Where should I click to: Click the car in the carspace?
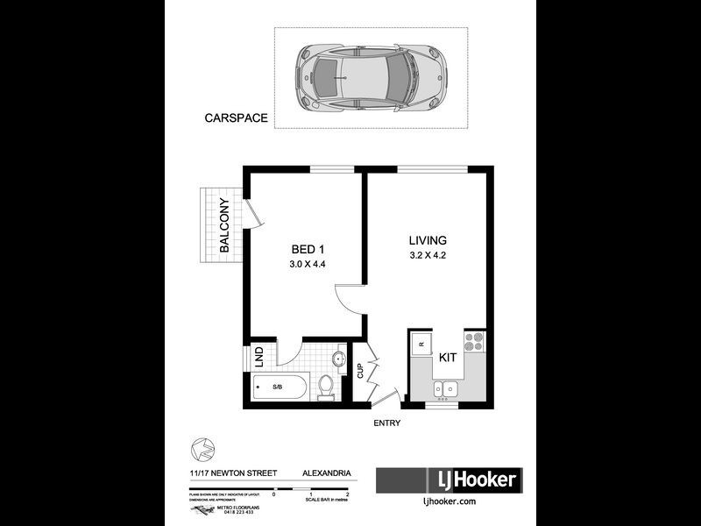coord(371,77)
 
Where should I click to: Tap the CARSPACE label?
coord(236,117)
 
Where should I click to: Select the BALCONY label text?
coord(225,225)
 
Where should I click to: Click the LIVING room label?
coord(428,240)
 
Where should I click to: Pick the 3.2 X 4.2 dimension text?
coord(428,256)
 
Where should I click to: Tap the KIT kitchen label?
coord(446,358)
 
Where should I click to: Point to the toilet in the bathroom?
coord(326,387)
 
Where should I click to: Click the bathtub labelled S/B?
coord(278,387)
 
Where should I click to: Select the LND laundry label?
coord(258,357)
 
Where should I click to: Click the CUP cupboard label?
coord(359,370)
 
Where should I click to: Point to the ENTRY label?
coord(386,423)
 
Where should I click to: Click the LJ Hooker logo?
coord(448,480)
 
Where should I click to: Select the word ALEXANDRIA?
coord(327,473)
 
